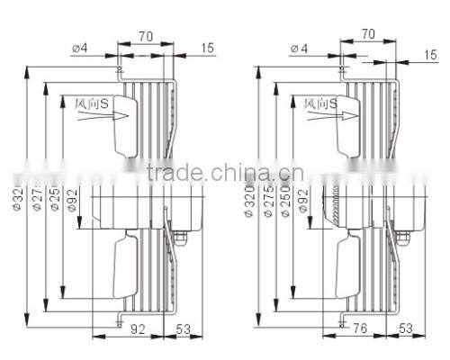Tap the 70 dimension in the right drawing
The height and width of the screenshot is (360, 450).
368,33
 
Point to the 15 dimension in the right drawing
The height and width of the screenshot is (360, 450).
430,55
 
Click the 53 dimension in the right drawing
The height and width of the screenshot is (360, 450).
405,329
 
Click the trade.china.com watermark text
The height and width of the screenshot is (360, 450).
224,174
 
